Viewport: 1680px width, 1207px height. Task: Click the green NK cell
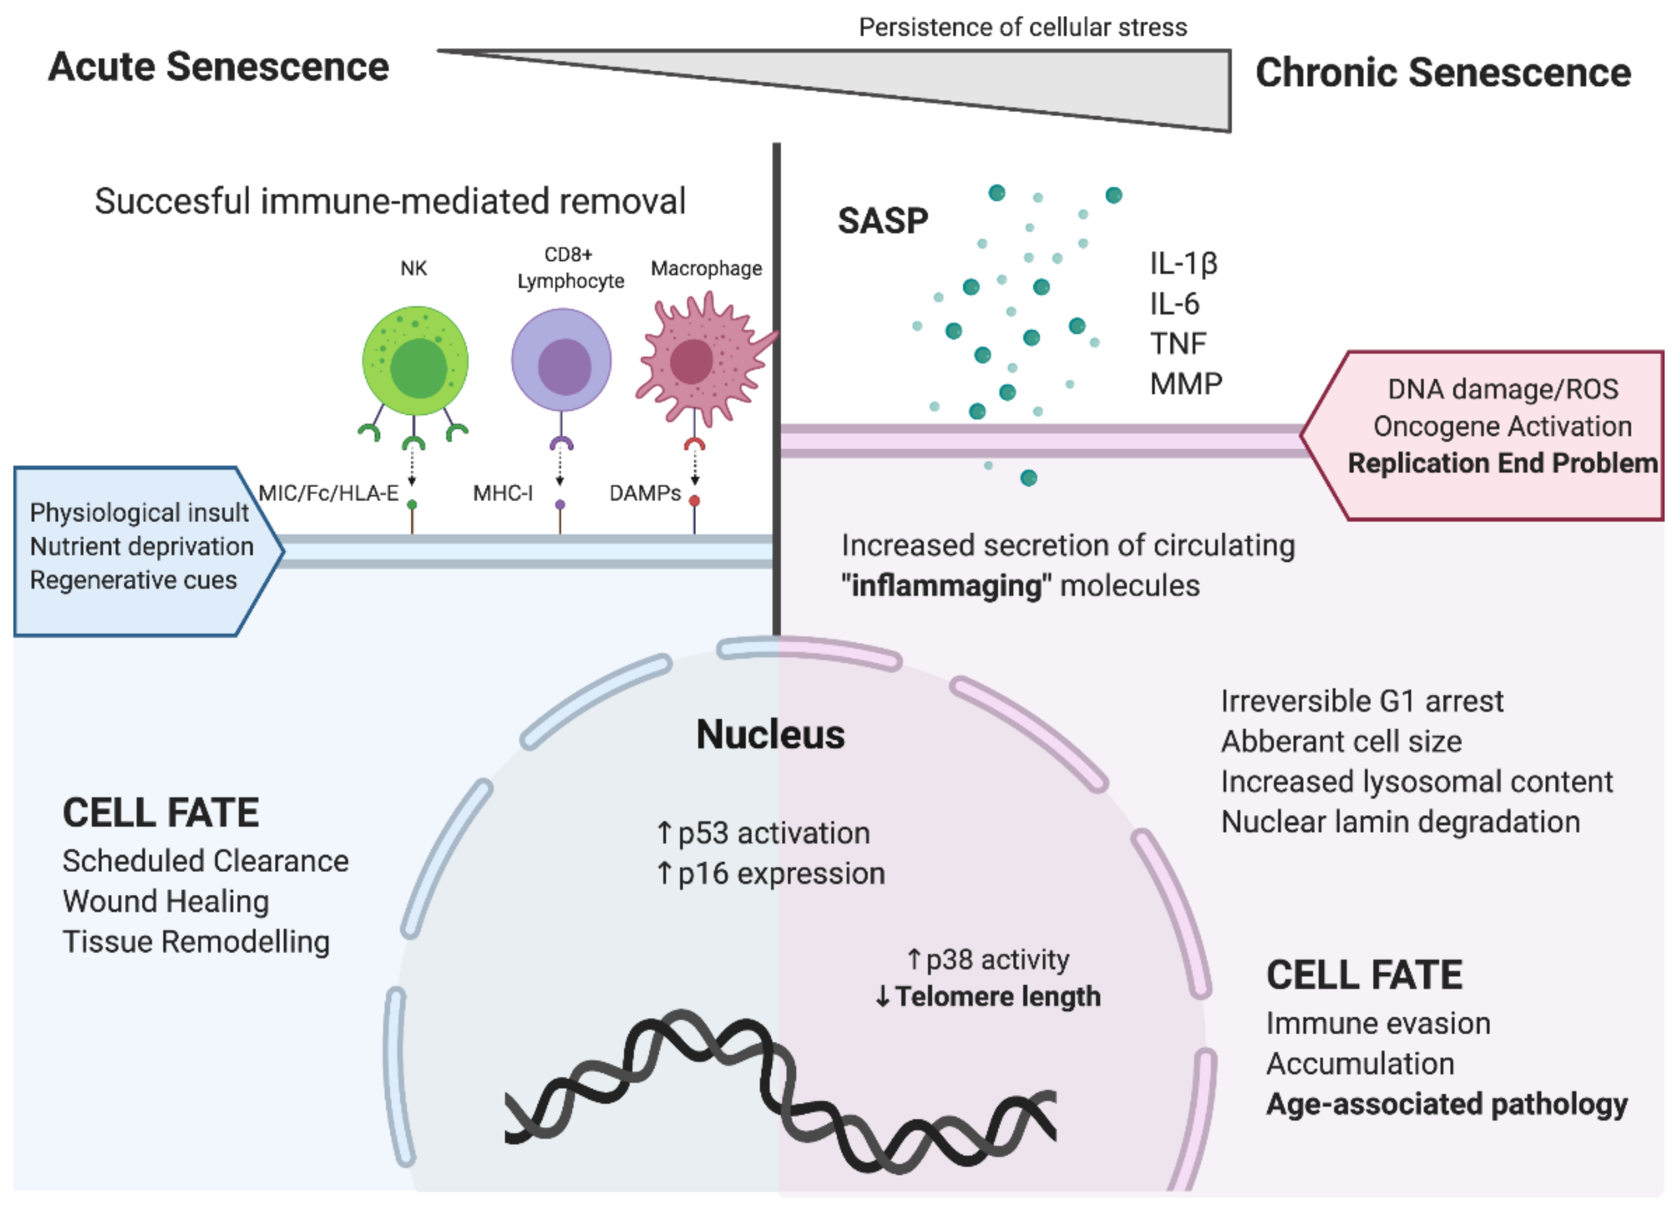click(415, 361)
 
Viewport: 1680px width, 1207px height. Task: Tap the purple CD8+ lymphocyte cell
click(562, 361)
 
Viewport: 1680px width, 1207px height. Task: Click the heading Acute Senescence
click(219, 67)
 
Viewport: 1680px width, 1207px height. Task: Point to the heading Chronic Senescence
click(1442, 73)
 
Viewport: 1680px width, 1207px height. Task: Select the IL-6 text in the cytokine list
click(1174, 304)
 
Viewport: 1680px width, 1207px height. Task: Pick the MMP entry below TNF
click(1185, 384)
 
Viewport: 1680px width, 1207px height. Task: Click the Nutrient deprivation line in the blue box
click(142, 546)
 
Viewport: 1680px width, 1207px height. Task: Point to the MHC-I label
click(502, 493)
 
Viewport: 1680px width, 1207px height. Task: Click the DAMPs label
click(644, 493)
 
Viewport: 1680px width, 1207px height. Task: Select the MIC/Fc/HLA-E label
click(328, 493)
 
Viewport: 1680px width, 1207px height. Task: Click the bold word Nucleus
click(771, 735)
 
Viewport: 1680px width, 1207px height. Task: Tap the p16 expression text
click(781, 874)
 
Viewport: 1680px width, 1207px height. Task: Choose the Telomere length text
click(996, 997)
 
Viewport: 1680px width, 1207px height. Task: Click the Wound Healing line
click(166, 901)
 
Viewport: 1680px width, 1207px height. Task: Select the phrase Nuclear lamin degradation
click(1400, 822)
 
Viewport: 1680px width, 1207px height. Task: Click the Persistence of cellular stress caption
click(1022, 27)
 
